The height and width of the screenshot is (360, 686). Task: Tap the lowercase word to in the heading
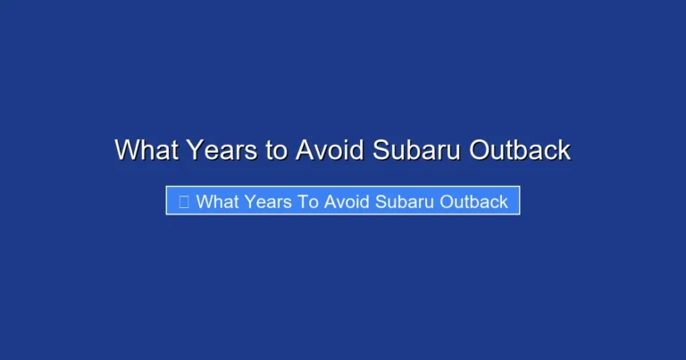coord(276,150)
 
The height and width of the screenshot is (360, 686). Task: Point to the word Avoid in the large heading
coord(329,150)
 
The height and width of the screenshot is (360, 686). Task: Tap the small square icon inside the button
coord(184,202)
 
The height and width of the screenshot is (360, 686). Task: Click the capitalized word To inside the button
coord(309,202)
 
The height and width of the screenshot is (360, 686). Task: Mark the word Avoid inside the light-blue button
coord(347,202)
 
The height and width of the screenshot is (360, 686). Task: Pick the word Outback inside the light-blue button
coord(475,202)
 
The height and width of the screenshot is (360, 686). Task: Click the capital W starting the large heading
coord(126,150)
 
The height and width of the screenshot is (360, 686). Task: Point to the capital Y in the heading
coord(196,150)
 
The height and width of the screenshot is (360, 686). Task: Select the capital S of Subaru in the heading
coord(380,150)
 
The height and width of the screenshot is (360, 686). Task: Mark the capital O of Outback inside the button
coord(448,202)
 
